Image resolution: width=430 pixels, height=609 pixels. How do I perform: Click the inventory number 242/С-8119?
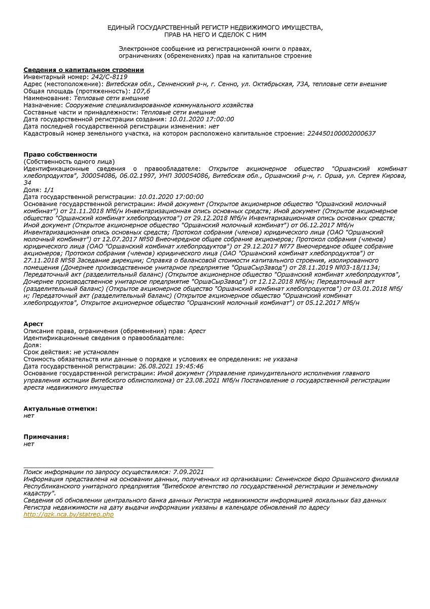coord(109,77)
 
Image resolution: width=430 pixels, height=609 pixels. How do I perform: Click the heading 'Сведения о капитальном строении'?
coord(84,70)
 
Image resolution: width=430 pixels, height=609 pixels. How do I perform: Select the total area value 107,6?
coord(141,91)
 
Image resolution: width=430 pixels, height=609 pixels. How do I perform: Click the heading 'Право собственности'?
coord(60,154)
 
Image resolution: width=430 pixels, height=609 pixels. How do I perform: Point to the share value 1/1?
coord(49,189)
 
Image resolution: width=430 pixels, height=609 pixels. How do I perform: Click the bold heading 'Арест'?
coord(33,324)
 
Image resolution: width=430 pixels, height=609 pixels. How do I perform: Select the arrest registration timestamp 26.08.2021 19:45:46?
coord(171,366)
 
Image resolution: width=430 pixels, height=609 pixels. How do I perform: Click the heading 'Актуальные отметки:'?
coord(60,409)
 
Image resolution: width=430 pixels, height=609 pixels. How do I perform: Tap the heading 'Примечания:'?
coord(46,436)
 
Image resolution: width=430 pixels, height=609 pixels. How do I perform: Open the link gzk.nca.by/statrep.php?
coord(69,514)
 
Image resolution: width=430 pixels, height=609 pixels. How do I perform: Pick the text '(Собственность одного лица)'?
coord(69,161)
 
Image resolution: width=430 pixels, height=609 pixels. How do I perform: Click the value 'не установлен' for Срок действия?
coord(96,352)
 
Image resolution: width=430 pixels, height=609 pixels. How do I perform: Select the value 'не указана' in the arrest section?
coord(280,359)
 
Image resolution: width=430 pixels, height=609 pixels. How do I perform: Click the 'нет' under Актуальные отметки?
coord(29,415)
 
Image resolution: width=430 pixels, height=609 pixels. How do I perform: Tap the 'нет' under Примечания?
coord(29,444)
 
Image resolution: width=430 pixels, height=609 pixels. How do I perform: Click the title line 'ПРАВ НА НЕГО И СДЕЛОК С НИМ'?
coord(215,35)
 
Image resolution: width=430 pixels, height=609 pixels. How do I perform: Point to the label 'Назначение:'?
coord(43,105)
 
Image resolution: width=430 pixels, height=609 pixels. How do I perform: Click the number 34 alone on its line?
coord(27,182)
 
